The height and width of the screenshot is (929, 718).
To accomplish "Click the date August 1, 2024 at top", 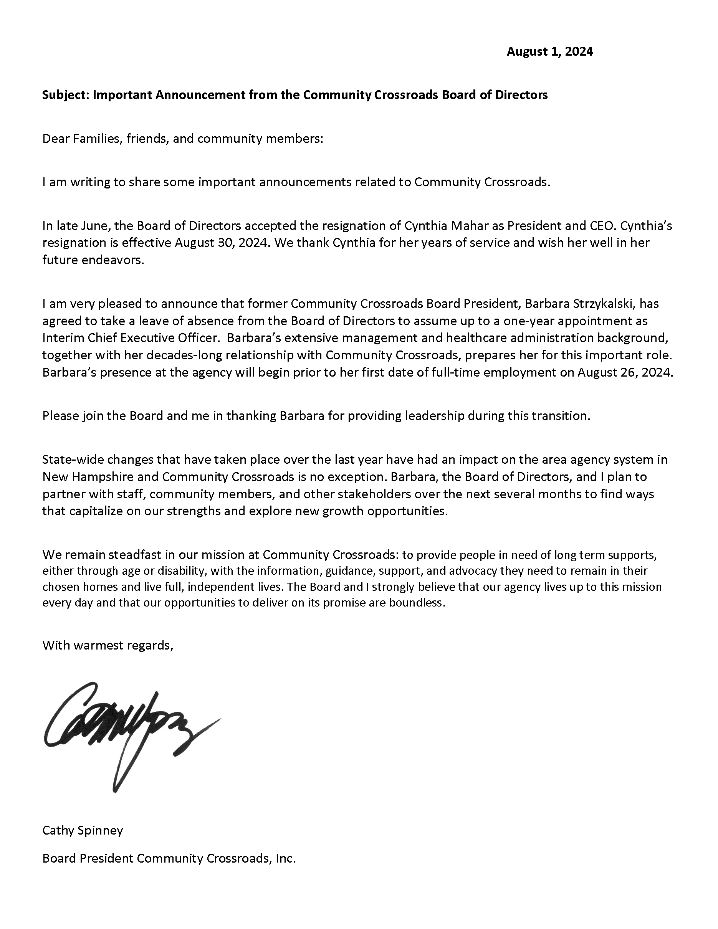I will click(x=549, y=52).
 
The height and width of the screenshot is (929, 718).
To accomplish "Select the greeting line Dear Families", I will click(x=182, y=139).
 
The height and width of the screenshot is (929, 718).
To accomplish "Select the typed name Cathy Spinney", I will click(x=83, y=830).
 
